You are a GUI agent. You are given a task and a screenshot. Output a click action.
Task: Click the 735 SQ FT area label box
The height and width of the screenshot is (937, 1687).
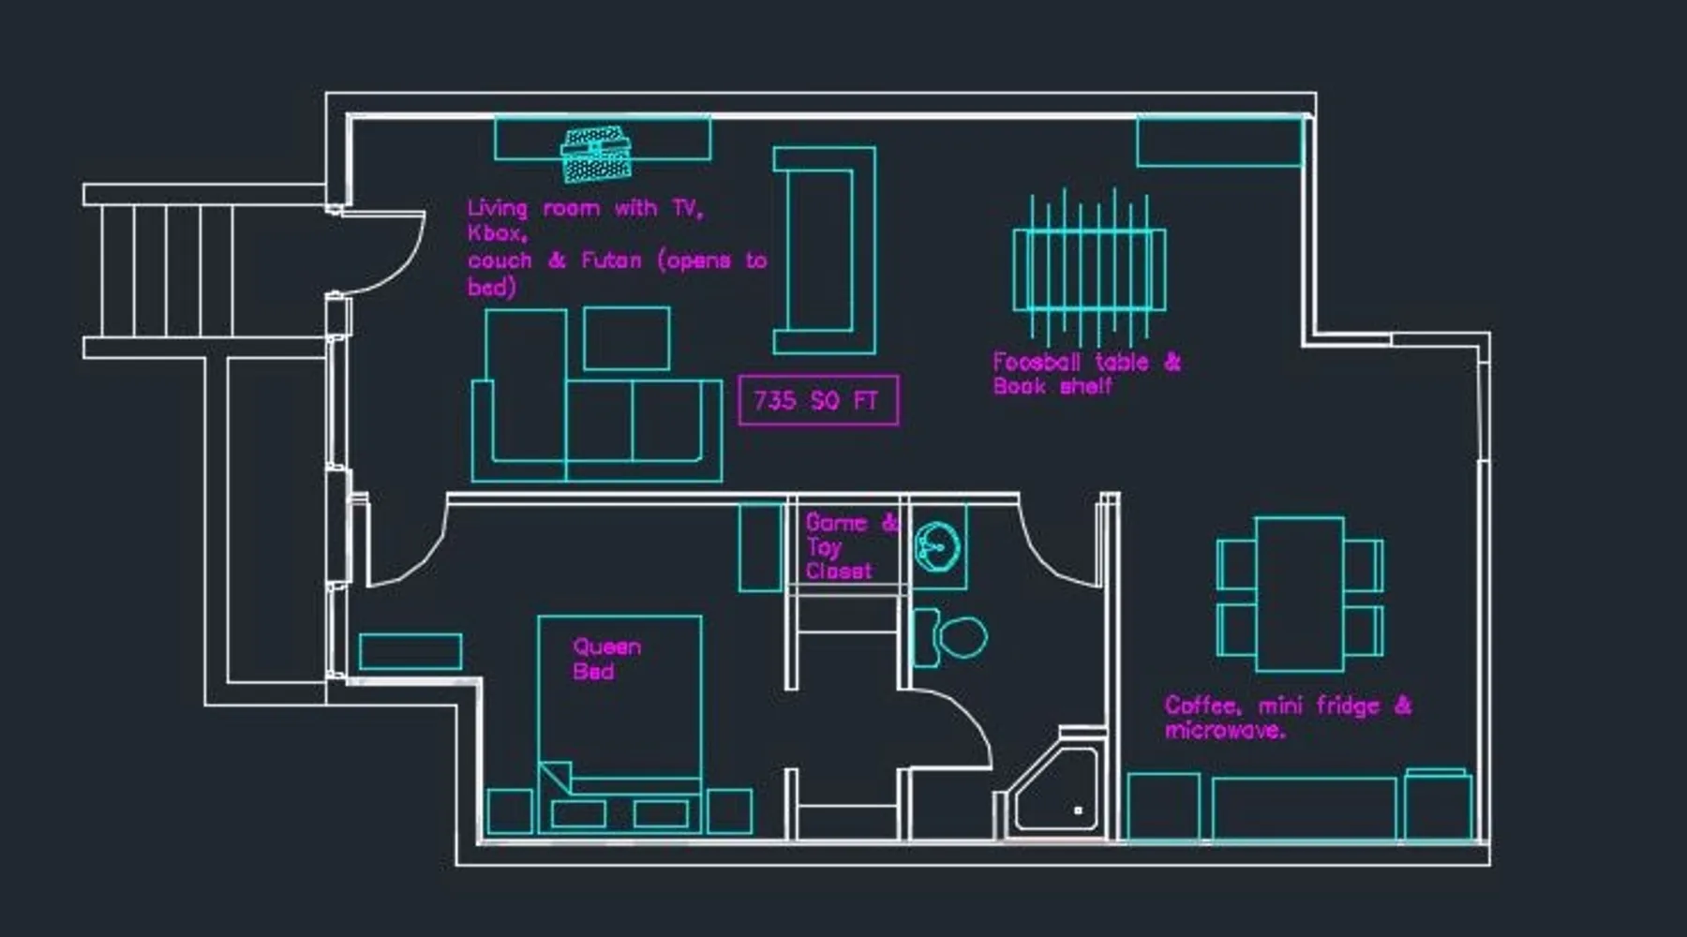818,400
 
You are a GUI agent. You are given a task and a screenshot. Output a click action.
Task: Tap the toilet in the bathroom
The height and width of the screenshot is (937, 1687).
950,637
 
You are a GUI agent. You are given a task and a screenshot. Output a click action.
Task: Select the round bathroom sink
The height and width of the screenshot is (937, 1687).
937,546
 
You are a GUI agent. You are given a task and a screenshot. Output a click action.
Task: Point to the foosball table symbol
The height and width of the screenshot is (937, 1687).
1089,268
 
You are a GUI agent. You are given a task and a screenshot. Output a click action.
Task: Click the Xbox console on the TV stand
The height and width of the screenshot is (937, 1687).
596,155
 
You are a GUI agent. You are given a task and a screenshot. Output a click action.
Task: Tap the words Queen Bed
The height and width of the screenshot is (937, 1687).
607,659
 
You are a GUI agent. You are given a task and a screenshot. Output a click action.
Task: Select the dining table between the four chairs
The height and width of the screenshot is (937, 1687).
1300,594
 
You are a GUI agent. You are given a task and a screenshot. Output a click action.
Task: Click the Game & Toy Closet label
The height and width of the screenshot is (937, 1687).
852,546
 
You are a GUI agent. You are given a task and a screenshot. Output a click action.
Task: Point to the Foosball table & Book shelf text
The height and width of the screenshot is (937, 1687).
1087,374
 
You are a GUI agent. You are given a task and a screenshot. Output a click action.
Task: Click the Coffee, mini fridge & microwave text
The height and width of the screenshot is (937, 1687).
1288,717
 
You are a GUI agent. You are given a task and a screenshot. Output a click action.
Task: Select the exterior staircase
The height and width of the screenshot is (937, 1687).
206,272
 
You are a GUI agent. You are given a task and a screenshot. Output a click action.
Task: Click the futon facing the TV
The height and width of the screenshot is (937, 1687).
825,250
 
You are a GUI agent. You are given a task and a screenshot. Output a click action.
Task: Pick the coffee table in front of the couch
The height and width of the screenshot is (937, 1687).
627,338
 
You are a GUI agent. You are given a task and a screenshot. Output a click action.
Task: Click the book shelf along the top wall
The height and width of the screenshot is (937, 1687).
1219,141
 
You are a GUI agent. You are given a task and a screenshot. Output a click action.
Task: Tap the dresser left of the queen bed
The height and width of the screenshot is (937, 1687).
411,651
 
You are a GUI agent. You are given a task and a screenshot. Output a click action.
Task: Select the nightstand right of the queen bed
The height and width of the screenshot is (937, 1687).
729,811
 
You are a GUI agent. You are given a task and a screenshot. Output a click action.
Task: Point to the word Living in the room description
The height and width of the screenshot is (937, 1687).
497,209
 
